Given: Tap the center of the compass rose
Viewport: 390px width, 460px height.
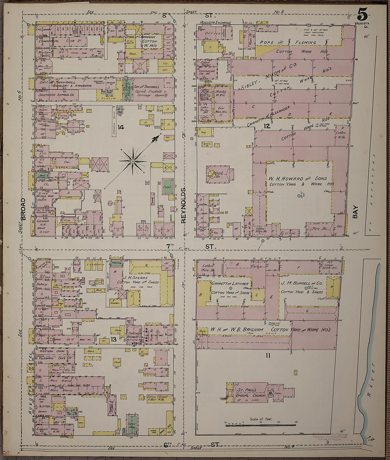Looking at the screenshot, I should pyautogui.click(x=133, y=161).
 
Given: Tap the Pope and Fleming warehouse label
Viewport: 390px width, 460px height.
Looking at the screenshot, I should pyautogui.click(x=287, y=42).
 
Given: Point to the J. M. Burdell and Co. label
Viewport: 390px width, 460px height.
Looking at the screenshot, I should pyautogui.click(x=301, y=283).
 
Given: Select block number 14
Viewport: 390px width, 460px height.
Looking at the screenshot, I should pyautogui.click(x=121, y=127).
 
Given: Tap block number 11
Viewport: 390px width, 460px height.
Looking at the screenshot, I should pyautogui.click(x=268, y=355).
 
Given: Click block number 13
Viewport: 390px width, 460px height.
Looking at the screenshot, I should pyautogui.click(x=113, y=340).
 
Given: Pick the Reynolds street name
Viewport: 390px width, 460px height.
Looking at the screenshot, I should pyautogui.click(x=183, y=205).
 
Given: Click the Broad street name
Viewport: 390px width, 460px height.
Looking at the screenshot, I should pyautogui.click(x=23, y=209).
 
